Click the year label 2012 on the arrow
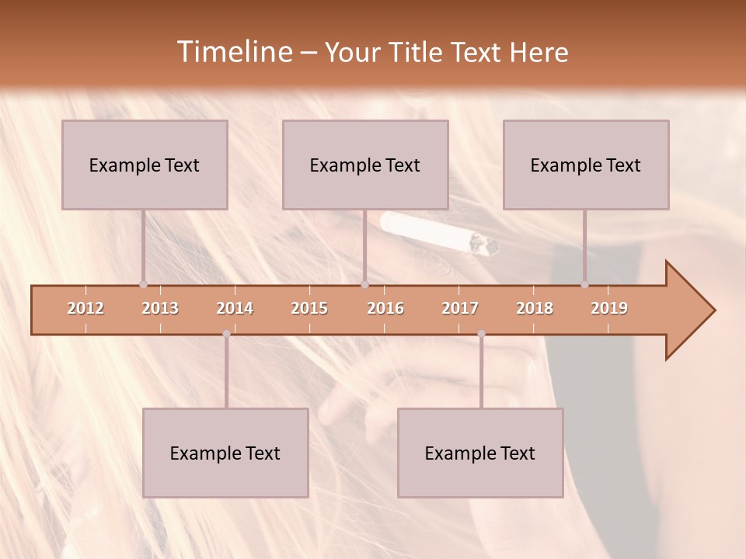(x=85, y=308)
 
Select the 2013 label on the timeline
(x=160, y=308)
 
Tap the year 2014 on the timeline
(x=235, y=308)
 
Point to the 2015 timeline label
(x=309, y=308)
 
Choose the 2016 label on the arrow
(x=385, y=308)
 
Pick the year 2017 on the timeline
(x=460, y=308)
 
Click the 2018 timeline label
(x=535, y=308)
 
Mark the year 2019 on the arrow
(x=609, y=308)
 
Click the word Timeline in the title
(x=234, y=52)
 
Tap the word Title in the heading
(x=413, y=53)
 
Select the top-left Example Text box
(x=145, y=165)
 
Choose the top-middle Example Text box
(x=365, y=165)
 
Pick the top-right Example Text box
(x=586, y=165)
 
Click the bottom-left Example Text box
(x=225, y=453)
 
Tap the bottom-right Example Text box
(x=480, y=453)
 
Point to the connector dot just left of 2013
(x=143, y=284)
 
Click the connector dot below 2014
(x=226, y=334)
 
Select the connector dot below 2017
(x=481, y=334)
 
